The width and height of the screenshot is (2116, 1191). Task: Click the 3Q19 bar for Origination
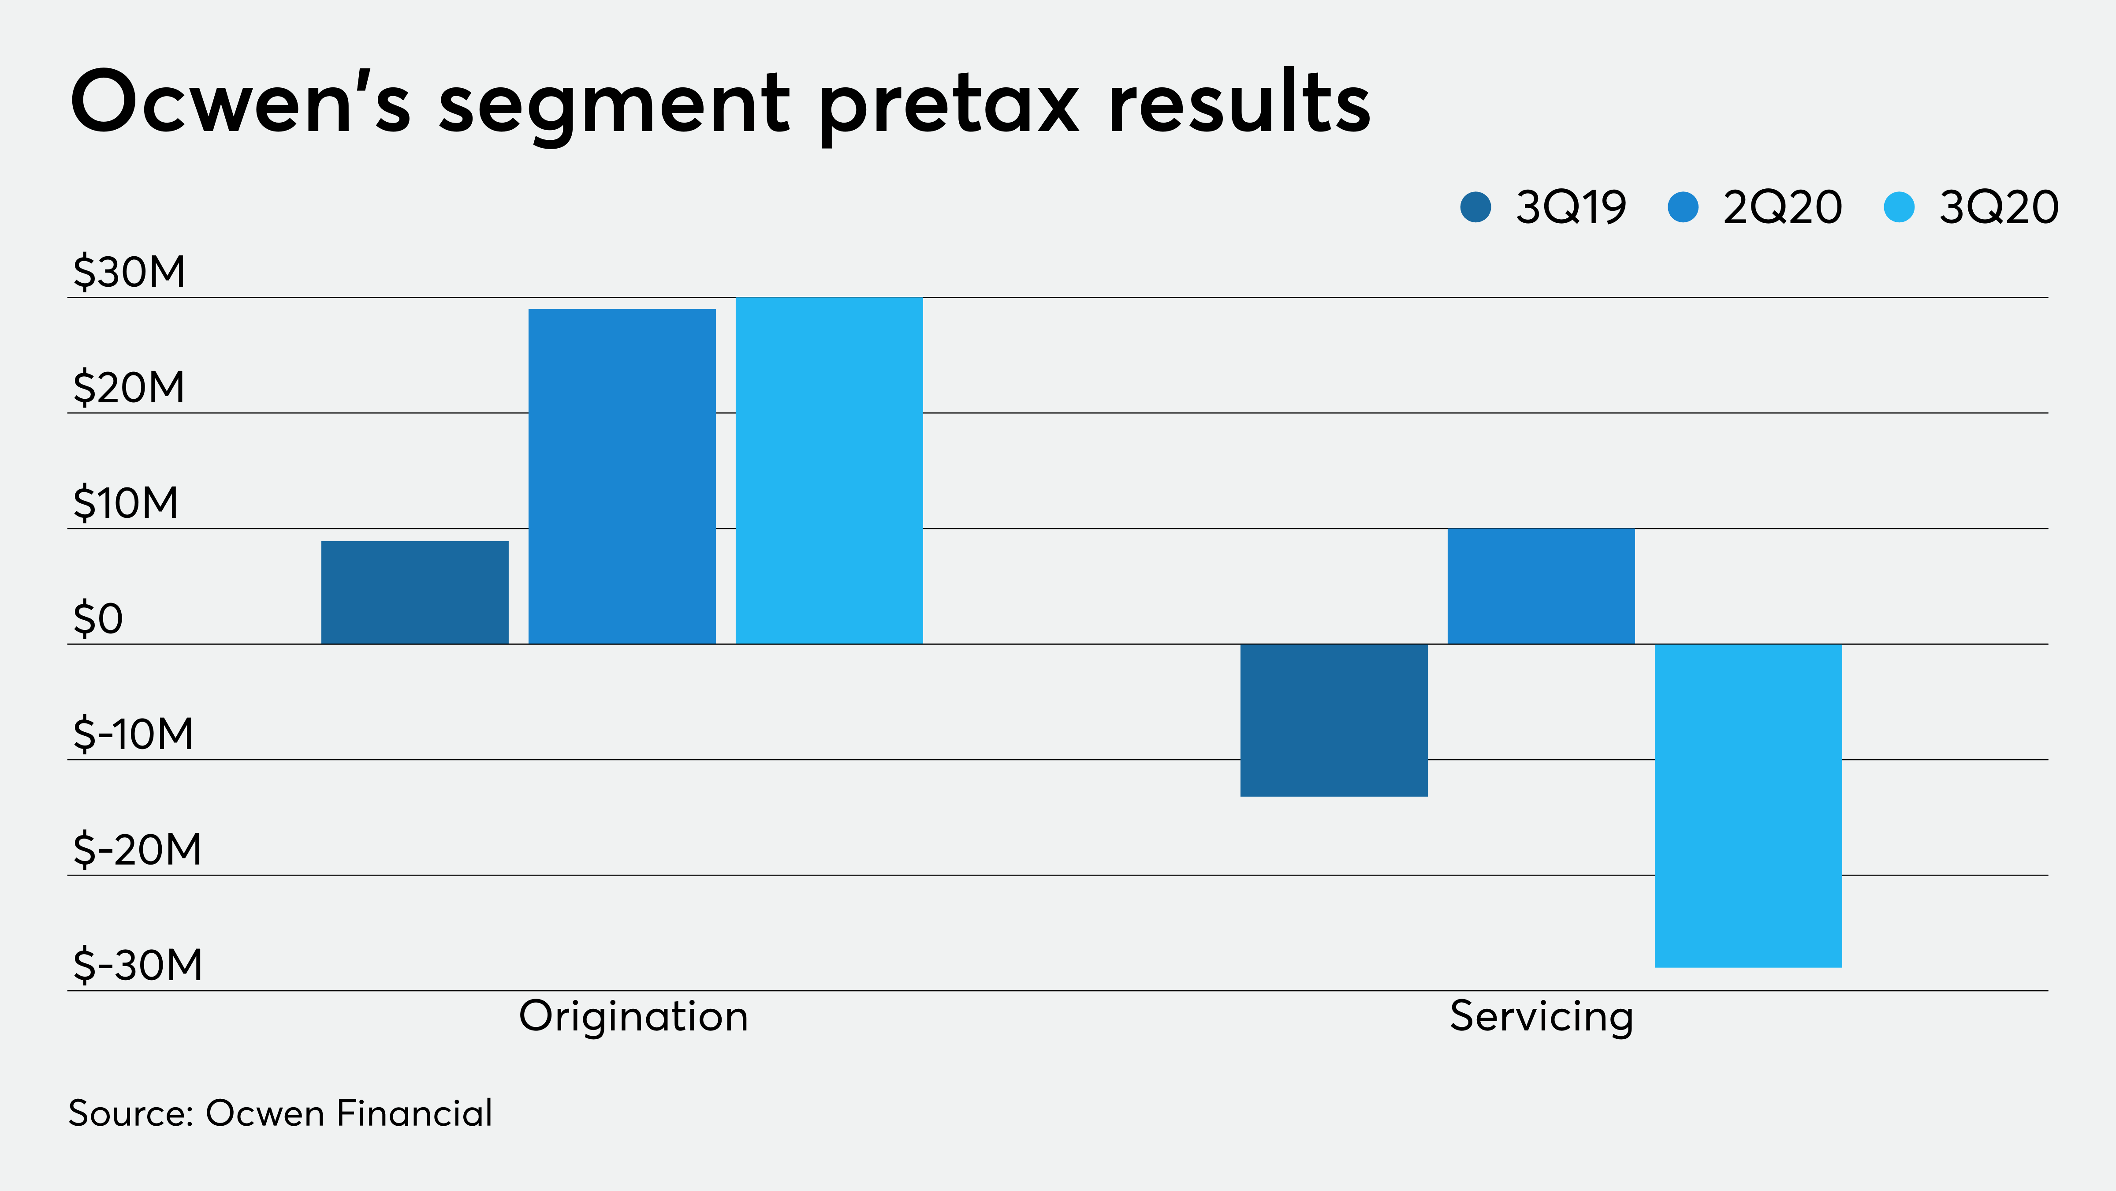(x=415, y=592)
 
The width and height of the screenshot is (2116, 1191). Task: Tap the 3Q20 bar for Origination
(x=829, y=470)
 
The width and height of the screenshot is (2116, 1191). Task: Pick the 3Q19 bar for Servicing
(x=1334, y=720)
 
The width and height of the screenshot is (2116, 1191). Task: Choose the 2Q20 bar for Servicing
(x=1541, y=586)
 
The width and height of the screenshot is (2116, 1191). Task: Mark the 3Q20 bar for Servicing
(x=1748, y=805)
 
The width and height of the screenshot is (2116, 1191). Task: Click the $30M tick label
(x=130, y=272)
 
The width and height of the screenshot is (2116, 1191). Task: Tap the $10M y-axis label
(x=126, y=503)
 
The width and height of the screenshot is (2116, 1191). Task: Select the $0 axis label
(x=99, y=619)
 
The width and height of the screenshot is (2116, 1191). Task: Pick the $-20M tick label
(x=137, y=850)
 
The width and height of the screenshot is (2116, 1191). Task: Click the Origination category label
(x=633, y=1017)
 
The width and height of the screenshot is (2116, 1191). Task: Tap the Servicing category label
(x=1541, y=1017)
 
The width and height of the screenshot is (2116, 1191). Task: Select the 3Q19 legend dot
(x=1475, y=207)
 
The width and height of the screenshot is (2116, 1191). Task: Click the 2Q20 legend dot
(x=1683, y=207)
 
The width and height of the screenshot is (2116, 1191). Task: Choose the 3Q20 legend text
(x=1999, y=207)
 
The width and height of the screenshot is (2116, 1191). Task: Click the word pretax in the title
(x=949, y=105)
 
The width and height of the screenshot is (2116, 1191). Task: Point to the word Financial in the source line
(x=415, y=1114)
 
